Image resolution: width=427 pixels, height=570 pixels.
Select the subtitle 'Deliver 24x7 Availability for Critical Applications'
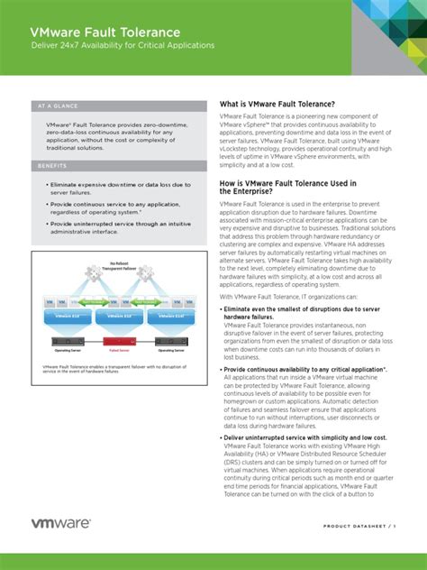click(x=123, y=45)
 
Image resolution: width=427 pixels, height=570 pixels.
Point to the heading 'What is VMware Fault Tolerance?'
click(x=277, y=105)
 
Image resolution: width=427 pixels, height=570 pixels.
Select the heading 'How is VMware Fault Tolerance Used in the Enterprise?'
click(x=288, y=187)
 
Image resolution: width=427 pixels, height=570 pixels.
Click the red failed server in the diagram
click(x=118, y=340)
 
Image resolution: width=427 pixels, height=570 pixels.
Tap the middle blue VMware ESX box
click(x=118, y=317)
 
